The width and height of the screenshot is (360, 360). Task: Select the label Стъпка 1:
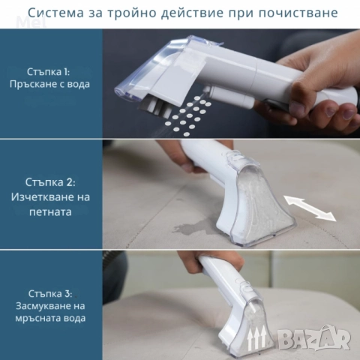[52, 71]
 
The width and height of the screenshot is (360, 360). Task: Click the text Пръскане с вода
[52, 84]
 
